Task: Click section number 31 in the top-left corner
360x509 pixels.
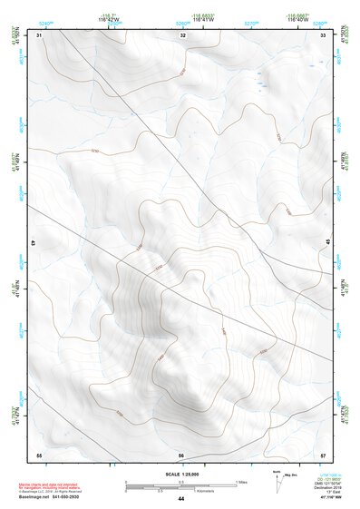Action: pos(40,34)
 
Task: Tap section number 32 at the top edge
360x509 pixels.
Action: pos(183,34)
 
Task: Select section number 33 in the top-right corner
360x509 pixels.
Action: pos(323,34)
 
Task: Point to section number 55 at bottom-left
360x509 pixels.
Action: pos(39,454)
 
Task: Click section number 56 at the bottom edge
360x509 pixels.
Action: pos(181,455)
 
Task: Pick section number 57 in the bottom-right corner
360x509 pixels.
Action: pos(323,454)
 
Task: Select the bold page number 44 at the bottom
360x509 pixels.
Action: pos(180,499)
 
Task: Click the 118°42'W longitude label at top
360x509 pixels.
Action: pos(112,20)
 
